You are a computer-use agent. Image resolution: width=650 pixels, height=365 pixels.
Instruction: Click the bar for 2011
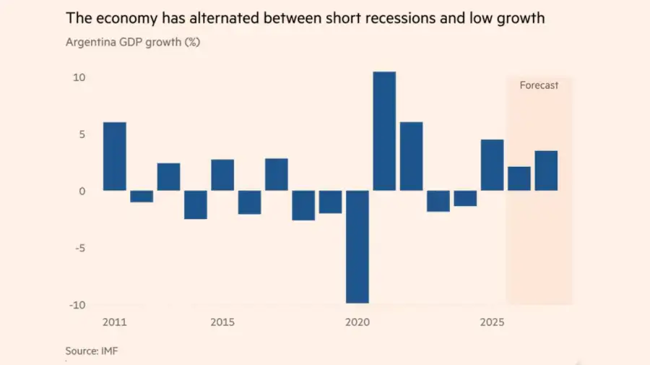114,156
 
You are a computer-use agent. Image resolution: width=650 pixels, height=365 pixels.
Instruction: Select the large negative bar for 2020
357,246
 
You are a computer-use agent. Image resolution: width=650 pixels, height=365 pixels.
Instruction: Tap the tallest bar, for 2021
384,131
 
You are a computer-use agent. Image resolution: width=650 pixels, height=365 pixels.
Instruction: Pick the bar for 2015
222,175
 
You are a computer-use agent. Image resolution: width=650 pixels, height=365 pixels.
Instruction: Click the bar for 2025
492,165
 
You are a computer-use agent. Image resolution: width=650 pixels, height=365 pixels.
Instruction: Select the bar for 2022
411,156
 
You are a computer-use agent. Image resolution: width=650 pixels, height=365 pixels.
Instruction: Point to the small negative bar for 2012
142,197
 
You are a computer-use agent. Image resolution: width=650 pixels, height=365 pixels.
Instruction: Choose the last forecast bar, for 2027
547,171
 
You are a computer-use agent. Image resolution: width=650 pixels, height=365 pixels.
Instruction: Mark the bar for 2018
303,205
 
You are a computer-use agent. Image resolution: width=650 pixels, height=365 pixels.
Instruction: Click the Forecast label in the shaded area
539,85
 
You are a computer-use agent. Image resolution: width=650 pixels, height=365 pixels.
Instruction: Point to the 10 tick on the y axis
79,77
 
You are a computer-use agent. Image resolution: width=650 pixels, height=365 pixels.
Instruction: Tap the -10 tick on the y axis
77,305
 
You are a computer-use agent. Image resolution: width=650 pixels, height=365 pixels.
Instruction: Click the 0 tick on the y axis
82,192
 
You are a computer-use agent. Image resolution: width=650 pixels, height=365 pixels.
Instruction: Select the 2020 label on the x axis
357,322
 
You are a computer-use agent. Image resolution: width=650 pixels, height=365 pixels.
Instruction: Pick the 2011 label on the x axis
114,322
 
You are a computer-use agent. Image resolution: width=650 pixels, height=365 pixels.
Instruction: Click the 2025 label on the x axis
492,322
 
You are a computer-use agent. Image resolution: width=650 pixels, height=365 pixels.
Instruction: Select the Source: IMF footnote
92,351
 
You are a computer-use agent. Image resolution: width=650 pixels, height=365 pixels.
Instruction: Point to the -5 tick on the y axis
80,248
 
